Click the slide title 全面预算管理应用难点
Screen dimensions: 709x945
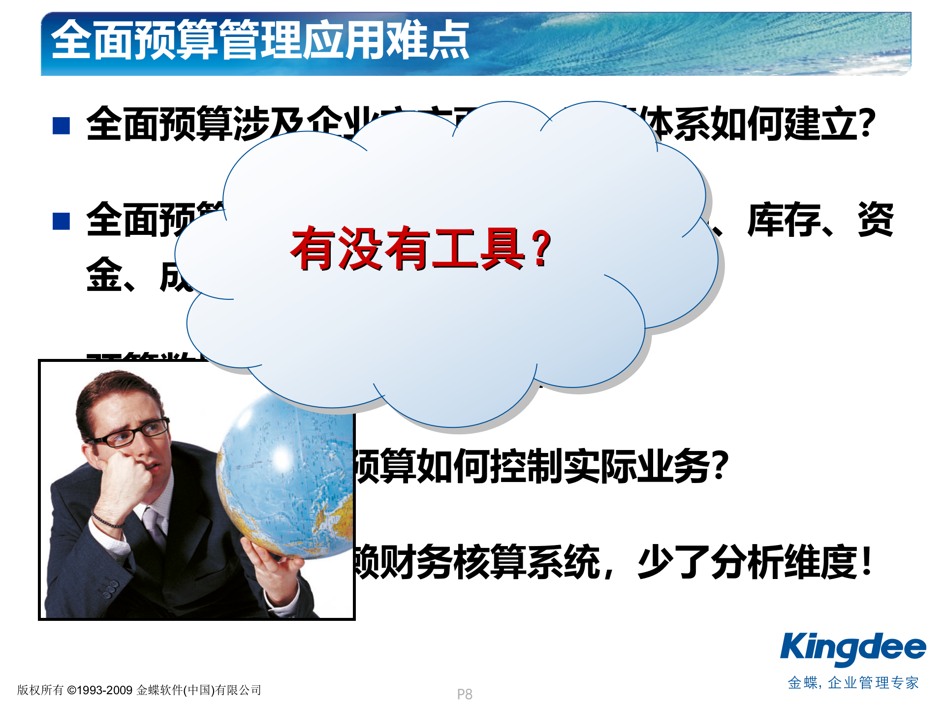coord(260,40)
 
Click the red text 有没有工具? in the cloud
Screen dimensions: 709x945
coord(421,249)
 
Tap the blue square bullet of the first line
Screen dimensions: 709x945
coord(61,126)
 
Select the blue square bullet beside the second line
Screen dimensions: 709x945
coord(61,221)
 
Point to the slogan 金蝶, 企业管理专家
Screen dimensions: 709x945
coord(853,683)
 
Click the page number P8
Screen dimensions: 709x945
coord(464,694)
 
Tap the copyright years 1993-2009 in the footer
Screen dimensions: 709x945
coord(105,690)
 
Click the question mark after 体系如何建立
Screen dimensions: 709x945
coord(865,124)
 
